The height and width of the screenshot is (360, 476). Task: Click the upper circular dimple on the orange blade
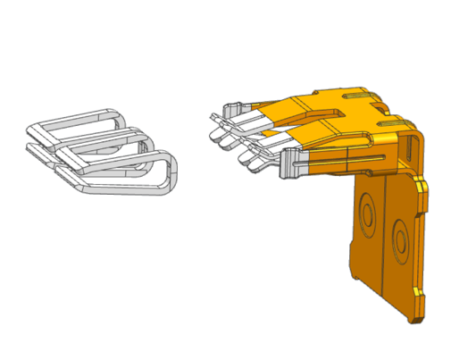(x=366, y=212)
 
